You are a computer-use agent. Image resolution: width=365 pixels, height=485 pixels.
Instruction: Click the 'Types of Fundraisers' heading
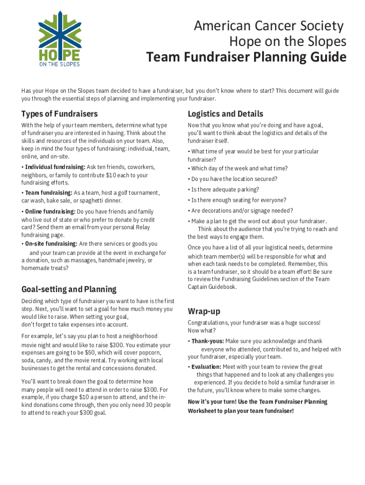coord(59,114)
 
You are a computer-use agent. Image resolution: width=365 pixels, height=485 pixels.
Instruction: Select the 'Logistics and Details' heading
coord(225,114)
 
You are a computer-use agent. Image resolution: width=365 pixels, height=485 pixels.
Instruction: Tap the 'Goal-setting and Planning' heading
coord(69,289)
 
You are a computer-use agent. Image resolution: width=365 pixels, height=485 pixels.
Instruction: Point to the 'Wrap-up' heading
coord(204,311)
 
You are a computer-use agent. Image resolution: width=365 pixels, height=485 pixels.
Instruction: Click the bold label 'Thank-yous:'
coord(207,341)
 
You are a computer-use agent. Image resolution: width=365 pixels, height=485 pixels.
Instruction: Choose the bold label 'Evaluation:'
coord(206,367)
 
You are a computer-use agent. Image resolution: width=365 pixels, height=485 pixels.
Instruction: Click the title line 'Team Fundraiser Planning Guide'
coord(246,58)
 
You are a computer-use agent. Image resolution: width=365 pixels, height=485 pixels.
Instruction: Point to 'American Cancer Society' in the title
coord(268,26)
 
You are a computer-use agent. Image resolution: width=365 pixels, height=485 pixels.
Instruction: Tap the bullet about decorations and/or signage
coord(242,211)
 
